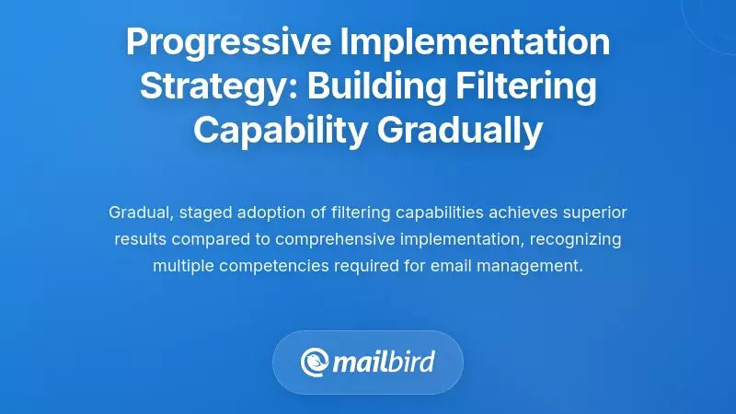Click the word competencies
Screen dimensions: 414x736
[x=270, y=266]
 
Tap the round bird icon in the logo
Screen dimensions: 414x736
[x=316, y=362]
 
